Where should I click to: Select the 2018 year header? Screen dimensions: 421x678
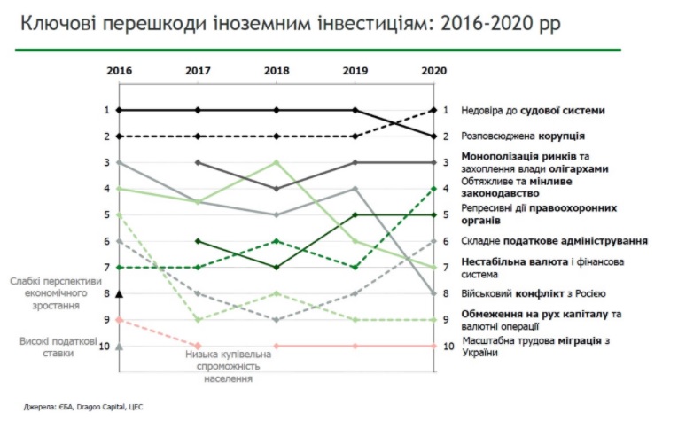pos(277,69)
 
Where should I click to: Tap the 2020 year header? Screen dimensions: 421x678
pos(434,69)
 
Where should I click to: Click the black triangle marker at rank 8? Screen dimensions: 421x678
pos(119,293)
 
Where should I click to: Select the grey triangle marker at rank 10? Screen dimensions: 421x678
pos(119,346)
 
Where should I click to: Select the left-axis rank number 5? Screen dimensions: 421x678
pos(105,214)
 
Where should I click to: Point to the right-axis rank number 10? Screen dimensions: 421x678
pos(448,346)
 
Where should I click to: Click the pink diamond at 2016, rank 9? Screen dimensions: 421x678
pos(119,320)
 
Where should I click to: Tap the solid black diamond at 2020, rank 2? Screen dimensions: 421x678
pos(434,136)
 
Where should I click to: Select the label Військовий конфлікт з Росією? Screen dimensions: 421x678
pos(533,292)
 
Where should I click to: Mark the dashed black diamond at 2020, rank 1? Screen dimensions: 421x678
pos(434,110)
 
